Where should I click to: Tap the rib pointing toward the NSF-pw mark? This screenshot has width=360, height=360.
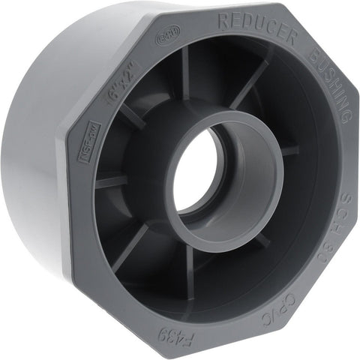click(112, 181)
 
